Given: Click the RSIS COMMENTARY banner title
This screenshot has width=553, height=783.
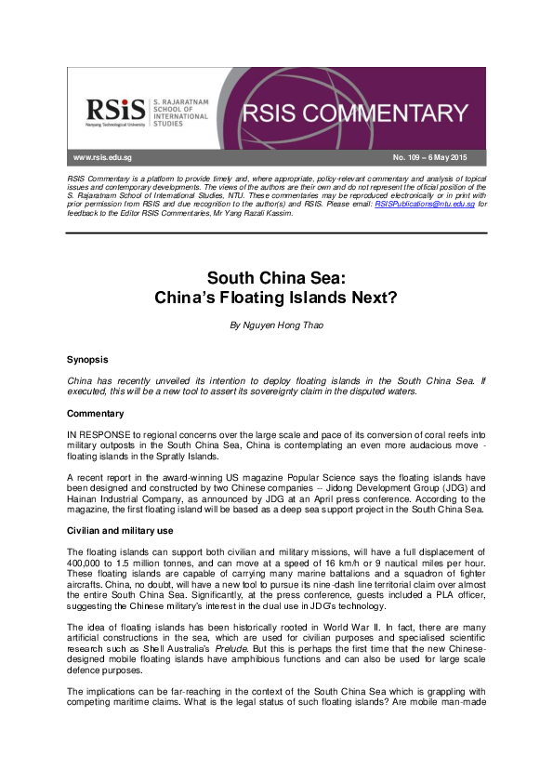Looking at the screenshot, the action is point(355,114).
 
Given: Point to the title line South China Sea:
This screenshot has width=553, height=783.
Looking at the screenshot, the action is point(275,277).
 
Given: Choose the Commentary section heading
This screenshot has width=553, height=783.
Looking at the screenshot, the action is point(96,412).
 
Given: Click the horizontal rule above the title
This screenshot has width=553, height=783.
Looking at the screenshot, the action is point(275,232).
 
